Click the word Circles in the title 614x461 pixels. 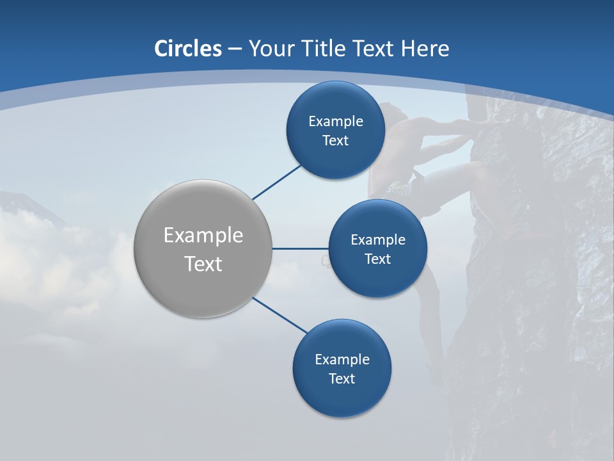[187, 49]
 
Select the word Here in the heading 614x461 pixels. [425, 49]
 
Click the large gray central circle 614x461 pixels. [203, 248]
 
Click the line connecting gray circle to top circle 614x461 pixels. [276, 182]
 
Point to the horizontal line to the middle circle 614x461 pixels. [300, 248]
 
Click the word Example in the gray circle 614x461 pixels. [203, 236]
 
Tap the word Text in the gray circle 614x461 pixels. [203, 264]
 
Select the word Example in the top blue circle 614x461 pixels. [335, 122]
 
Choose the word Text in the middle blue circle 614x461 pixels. [377, 259]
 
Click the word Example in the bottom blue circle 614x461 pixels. [342, 360]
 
